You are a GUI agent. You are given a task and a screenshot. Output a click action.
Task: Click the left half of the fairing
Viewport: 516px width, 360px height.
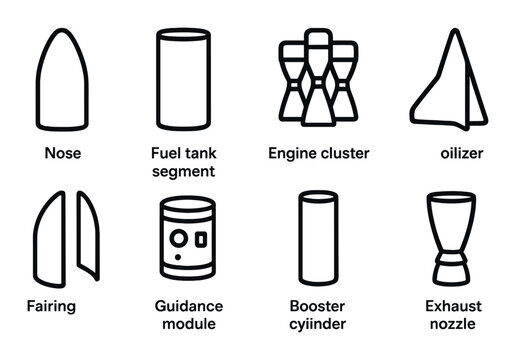50,237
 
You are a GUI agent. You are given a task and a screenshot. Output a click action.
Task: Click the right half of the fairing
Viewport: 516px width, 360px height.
86,237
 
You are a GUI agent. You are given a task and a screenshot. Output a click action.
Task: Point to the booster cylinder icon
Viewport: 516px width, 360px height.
317,237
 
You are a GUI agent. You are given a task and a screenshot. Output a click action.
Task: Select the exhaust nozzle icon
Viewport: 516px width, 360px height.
446,237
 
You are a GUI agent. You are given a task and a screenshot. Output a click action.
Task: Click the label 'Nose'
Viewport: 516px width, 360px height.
63,154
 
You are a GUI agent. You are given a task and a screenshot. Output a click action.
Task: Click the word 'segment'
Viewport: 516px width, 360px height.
183,171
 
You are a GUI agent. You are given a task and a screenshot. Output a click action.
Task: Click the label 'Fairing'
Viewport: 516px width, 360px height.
51,306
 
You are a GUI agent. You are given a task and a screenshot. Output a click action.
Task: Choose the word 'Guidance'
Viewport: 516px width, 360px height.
189,306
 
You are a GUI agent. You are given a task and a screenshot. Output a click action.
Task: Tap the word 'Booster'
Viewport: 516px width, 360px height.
317,306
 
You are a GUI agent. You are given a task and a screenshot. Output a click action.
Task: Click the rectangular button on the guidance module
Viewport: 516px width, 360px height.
201,240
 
